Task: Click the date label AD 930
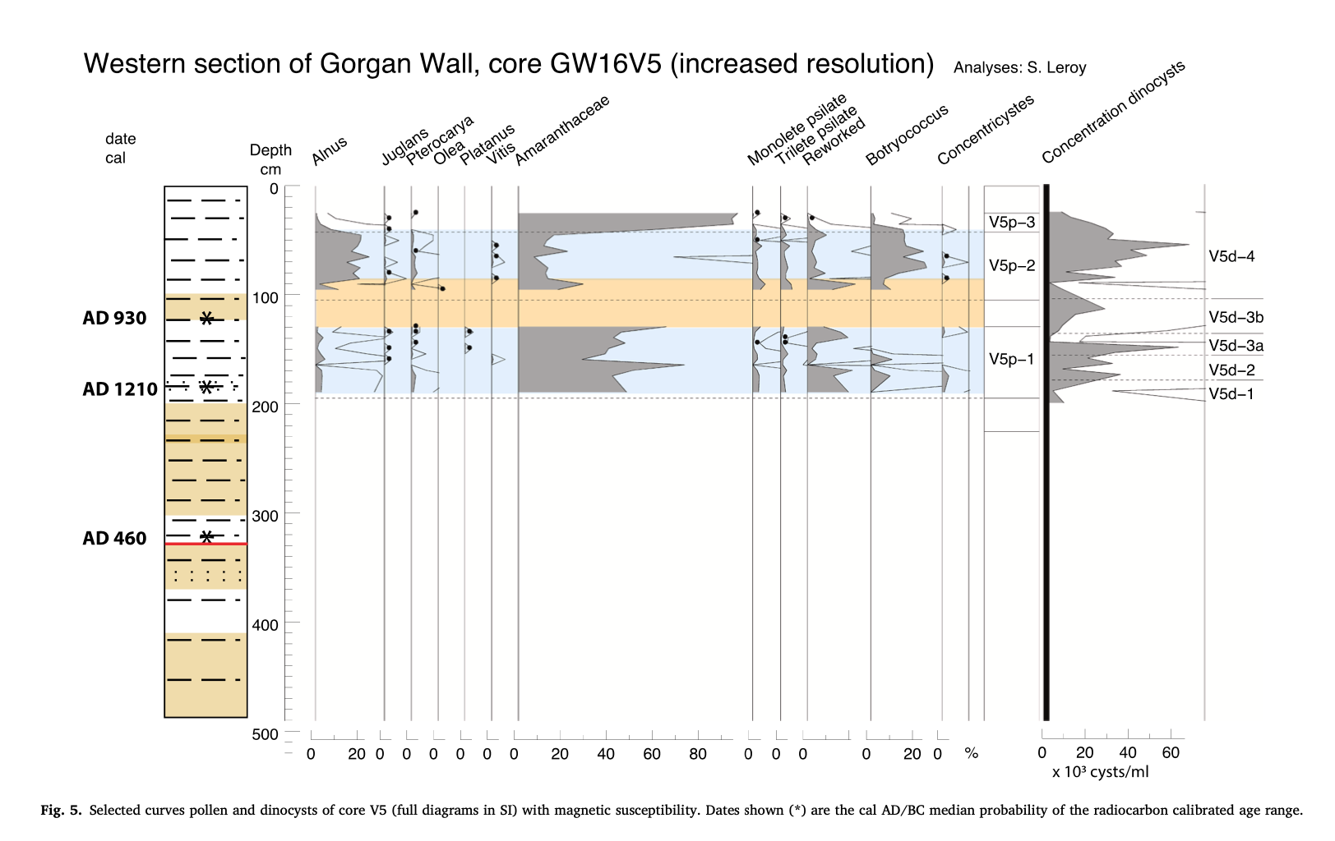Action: pyautogui.click(x=114, y=319)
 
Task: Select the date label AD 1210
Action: pyautogui.click(x=120, y=389)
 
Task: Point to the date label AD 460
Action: pyautogui.click(x=114, y=539)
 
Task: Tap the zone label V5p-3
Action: pyautogui.click(x=1012, y=223)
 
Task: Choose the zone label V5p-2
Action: pyautogui.click(x=1012, y=265)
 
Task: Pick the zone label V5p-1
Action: pyautogui.click(x=1012, y=359)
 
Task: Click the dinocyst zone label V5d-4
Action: pyautogui.click(x=1231, y=257)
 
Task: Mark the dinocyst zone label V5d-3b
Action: pyautogui.click(x=1236, y=318)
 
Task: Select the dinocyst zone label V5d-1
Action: pyautogui.click(x=1231, y=394)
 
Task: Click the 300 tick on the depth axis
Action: pyautogui.click(x=265, y=516)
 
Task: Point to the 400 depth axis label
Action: pyautogui.click(x=265, y=625)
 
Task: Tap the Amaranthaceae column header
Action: pyautogui.click(x=562, y=131)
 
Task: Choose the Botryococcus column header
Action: pyautogui.click(x=907, y=135)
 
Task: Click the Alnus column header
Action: pyautogui.click(x=330, y=151)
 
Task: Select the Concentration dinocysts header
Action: pyautogui.click(x=1113, y=112)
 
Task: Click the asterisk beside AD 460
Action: pyautogui.click(x=207, y=536)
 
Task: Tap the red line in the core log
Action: pyautogui.click(x=206, y=544)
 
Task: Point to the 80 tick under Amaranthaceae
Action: pyautogui.click(x=697, y=754)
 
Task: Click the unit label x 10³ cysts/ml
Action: pyautogui.click(x=1100, y=772)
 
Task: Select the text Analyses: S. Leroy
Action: pyautogui.click(x=1019, y=68)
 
